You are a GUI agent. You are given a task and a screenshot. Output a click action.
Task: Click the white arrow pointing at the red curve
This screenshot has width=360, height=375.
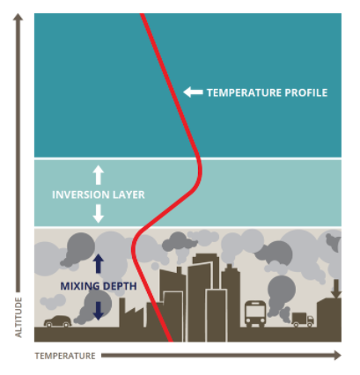[193, 92]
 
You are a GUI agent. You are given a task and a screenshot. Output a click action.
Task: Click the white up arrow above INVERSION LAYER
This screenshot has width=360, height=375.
[99, 175]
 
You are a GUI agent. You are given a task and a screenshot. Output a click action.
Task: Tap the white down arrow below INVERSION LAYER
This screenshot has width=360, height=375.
[99, 214]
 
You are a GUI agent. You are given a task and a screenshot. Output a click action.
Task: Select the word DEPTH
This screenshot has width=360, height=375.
[120, 286]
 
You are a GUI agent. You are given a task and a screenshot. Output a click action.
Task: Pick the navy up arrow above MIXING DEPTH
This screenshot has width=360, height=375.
[99, 263]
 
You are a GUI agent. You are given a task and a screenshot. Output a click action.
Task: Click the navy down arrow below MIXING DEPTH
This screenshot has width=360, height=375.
[99, 311]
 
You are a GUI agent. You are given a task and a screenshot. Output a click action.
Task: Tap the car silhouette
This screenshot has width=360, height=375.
[58, 321]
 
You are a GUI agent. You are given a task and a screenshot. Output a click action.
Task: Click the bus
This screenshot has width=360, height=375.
[255, 313]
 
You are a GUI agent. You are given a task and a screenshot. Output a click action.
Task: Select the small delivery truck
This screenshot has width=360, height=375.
[303, 320]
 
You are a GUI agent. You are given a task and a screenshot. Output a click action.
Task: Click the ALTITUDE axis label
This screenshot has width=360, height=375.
[18, 317]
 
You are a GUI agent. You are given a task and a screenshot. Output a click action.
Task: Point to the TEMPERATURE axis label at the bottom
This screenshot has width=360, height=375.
[65, 356]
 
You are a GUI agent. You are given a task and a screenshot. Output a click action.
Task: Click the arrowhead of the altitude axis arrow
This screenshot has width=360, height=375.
[18, 17]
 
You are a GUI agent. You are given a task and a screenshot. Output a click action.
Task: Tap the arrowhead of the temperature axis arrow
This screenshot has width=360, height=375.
[337, 356]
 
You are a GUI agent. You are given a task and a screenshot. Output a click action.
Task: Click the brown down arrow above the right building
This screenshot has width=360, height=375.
[336, 289]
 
